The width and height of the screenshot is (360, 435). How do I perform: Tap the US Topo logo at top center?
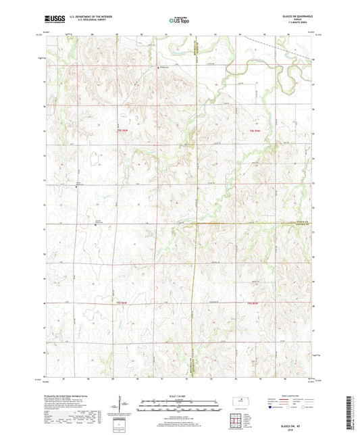click(178, 21)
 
